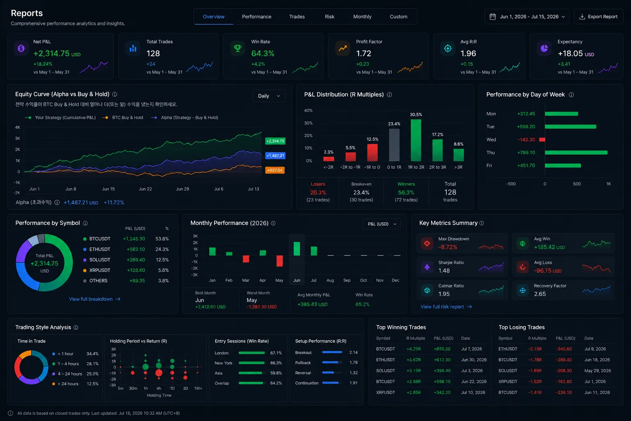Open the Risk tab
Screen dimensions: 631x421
click(x=329, y=16)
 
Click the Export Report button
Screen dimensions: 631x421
click(x=598, y=16)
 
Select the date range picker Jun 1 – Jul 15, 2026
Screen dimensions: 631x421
click(x=527, y=16)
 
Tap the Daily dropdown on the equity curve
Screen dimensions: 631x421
click(x=269, y=96)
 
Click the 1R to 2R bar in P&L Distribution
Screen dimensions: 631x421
click(x=416, y=140)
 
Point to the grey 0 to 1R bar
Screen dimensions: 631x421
click(x=394, y=145)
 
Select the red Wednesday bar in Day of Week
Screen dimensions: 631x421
click(x=542, y=140)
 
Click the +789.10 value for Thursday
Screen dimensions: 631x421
click(x=526, y=153)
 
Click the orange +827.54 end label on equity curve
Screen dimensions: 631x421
click(x=275, y=170)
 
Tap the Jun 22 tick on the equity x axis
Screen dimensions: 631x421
click(x=145, y=189)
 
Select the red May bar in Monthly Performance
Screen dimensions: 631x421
click(x=279, y=261)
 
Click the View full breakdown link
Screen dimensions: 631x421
click(x=94, y=299)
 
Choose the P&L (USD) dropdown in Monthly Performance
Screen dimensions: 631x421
click(x=382, y=224)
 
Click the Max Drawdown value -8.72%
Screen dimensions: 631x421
click(x=448, y=247)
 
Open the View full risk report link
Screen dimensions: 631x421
click(x=446, y=307)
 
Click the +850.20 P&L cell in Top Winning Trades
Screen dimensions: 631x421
click(x=442, y=349)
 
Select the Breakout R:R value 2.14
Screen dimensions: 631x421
click(x=353, y=352)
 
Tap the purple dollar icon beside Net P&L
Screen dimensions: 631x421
click(x=21, y=49)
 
